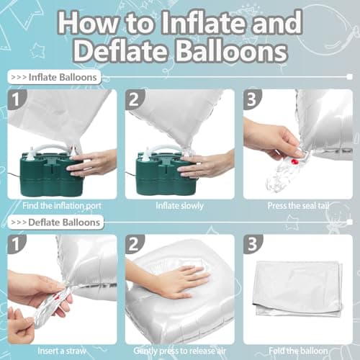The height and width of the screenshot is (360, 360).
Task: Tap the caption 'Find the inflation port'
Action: point(63,205)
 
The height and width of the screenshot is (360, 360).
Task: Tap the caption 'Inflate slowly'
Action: point(180,205)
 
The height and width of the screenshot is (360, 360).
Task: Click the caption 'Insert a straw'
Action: point(63,351)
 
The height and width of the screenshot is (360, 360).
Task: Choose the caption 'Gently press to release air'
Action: point(180,351)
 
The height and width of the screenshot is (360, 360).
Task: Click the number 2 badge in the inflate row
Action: point(135,99)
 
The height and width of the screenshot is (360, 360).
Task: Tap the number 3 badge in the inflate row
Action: point(252,99)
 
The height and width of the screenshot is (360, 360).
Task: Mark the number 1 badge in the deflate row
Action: point(17,245)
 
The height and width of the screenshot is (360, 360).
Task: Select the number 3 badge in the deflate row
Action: point(252,245)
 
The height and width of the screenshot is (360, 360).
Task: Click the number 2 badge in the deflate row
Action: point(135,245)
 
